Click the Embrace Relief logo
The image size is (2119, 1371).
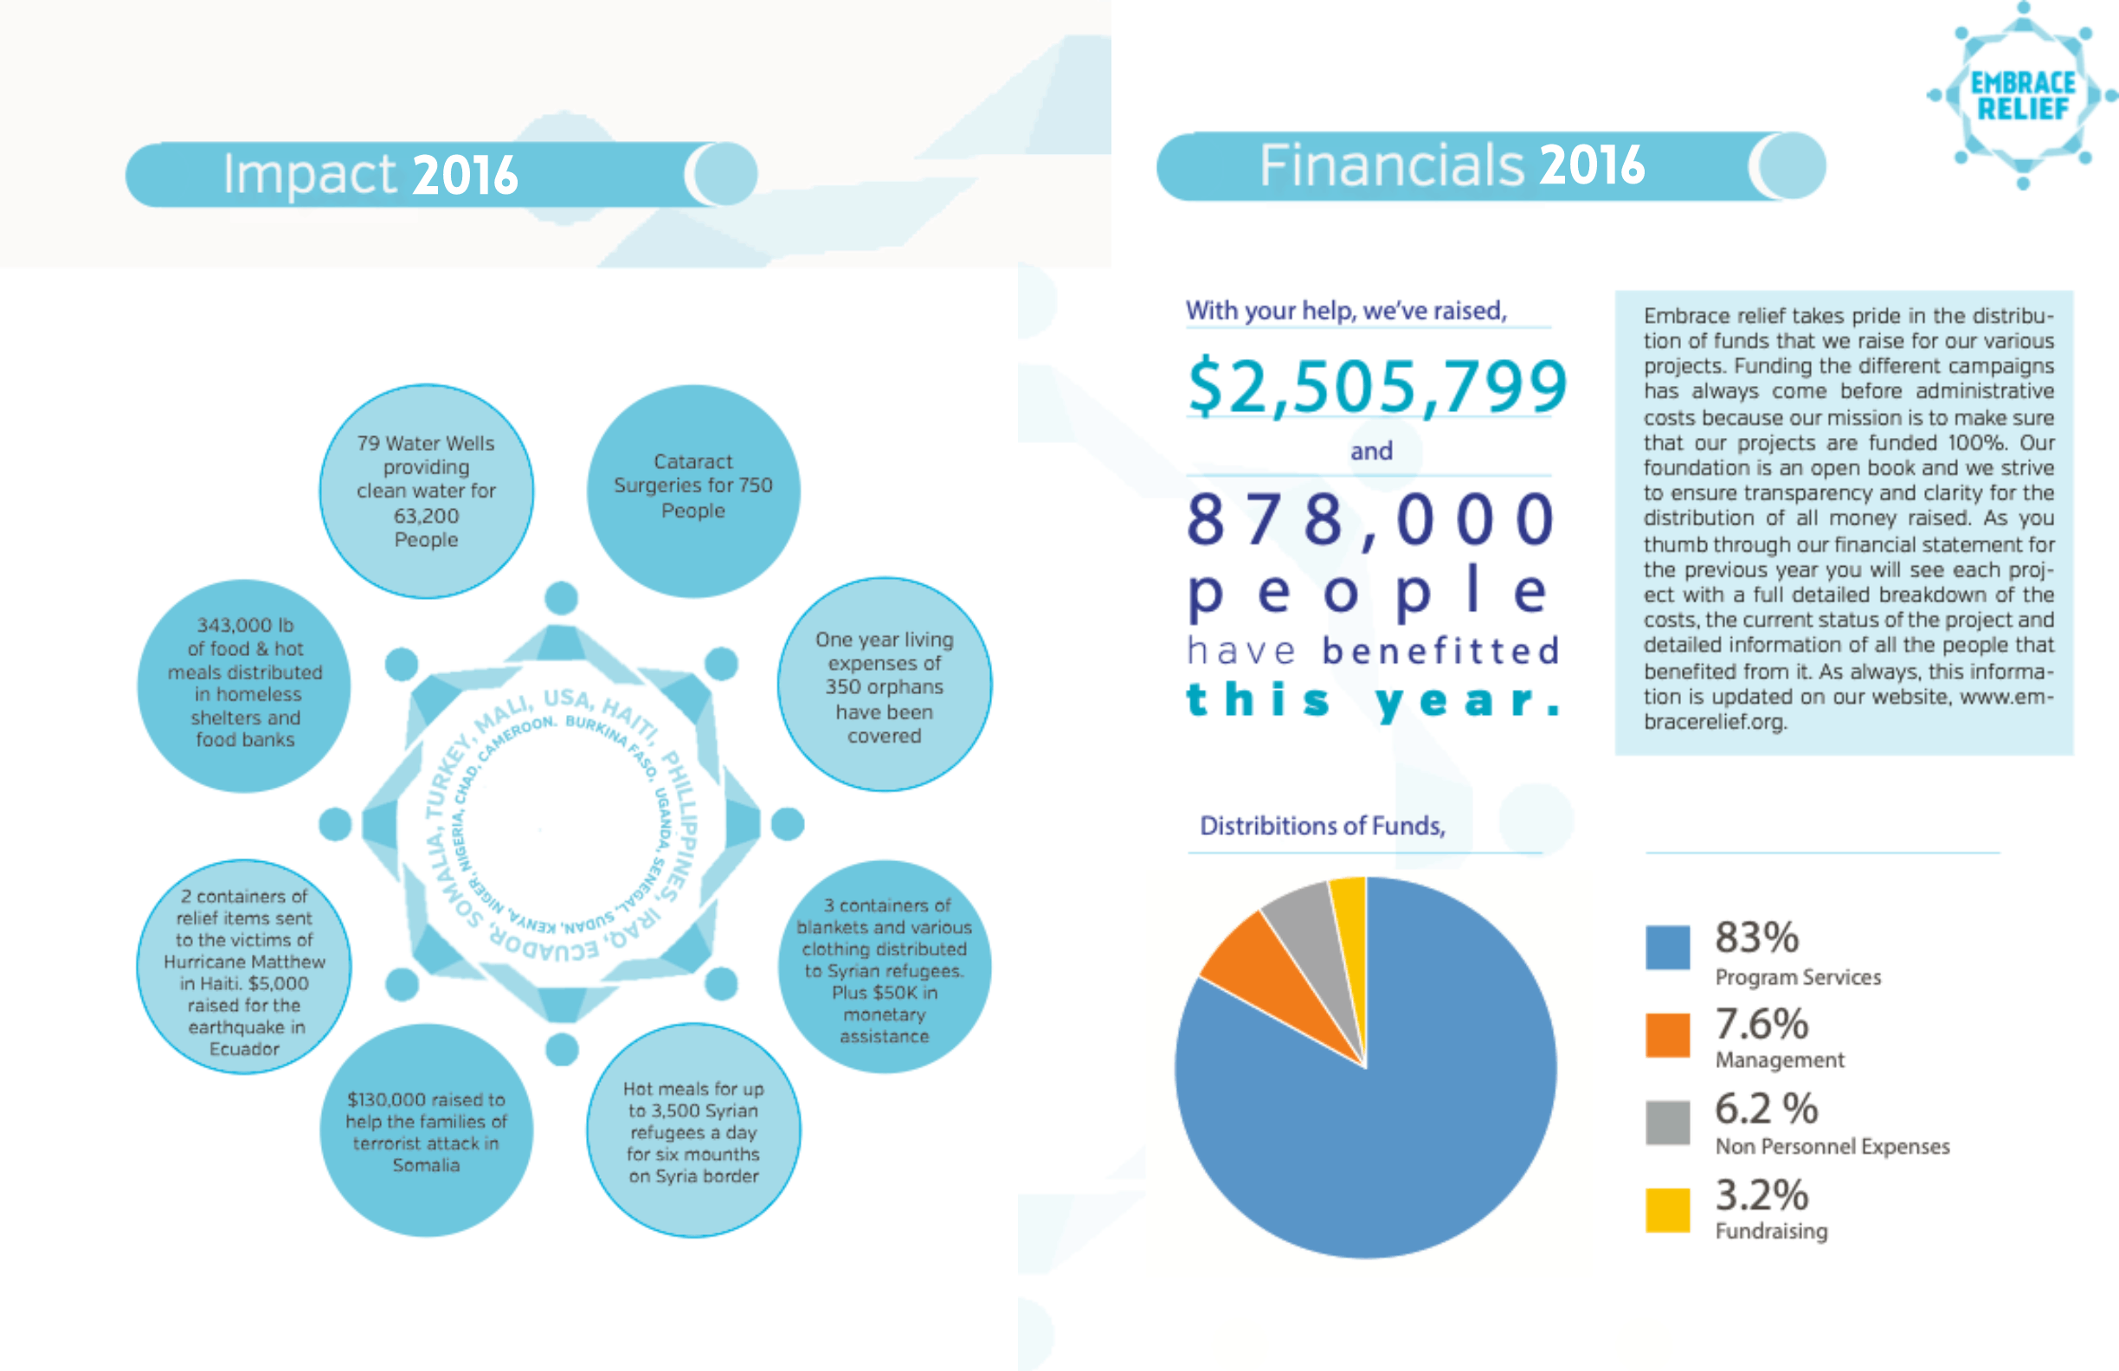(x=2023, y=95)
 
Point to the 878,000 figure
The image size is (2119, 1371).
(x=1371, y=520)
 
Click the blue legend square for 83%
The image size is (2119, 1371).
(x=1668, y=947)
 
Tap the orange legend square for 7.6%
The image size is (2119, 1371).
(x=1668, y=1034)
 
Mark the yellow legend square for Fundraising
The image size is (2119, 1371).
(x=1668, y=1210)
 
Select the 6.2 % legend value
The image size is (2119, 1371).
(x=1766, y=1110)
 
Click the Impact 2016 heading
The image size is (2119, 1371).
(x=370, y=175)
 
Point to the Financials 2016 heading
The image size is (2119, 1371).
(x=1452, y=165)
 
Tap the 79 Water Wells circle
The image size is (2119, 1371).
(x=427, y=492)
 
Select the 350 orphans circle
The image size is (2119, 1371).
(x=884, y=685)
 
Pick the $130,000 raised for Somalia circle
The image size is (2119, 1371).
(x=427, y=1131)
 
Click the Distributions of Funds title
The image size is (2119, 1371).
(x=1322, y=827)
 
